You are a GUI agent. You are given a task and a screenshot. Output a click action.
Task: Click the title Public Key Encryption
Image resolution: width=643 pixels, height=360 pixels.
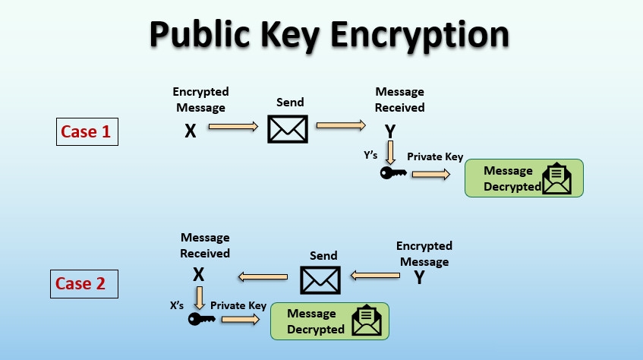coord(329,35)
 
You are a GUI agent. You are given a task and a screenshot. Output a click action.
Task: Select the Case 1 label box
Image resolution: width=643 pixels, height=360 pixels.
coord(86,131)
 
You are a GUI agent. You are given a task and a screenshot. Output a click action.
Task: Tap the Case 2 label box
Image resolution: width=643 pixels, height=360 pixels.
coord(80,284)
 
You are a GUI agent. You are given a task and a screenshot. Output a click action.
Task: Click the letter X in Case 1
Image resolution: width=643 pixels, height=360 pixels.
coord(191,131)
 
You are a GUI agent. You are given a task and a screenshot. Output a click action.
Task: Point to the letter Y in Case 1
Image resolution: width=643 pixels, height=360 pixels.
coord(390,131)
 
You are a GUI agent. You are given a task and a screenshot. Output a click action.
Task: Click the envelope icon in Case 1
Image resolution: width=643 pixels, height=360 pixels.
coord(288,129)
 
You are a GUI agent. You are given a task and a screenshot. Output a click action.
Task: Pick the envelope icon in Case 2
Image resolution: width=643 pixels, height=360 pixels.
coord(320,279)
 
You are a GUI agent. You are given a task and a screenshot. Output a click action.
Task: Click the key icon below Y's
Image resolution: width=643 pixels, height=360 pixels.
coord(393,174)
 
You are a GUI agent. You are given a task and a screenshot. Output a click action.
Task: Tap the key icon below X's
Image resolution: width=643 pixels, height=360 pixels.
coord(200,319)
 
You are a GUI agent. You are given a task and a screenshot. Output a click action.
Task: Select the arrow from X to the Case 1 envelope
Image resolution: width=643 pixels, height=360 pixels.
coord(233,128)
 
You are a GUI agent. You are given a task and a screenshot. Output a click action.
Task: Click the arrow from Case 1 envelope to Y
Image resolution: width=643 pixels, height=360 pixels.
coord(340,125)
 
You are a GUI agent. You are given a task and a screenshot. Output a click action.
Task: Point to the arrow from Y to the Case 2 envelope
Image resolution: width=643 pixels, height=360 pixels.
coord(375,275)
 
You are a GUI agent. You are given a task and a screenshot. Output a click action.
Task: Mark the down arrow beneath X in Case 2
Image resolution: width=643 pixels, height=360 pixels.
coord(200,296)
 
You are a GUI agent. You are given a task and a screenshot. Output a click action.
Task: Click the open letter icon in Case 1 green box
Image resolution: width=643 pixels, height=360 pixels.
coord(556,179)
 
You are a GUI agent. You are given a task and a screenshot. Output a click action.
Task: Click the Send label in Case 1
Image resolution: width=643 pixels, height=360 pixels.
coord(290,102)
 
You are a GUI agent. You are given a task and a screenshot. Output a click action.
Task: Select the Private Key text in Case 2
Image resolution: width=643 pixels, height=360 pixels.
coord(238,306)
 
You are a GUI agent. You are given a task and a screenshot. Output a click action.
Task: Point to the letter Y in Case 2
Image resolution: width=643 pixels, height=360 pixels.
coord(419,277)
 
